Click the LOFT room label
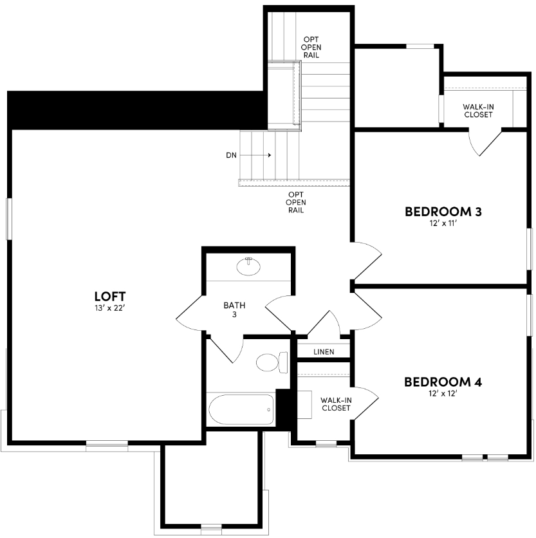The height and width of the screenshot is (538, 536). [109, 296]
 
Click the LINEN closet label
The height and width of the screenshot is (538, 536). [324, 352]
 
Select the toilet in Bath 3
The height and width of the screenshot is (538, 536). [270, 363]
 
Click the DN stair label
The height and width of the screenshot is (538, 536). [231, 155]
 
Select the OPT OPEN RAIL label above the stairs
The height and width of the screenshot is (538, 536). [312, 47]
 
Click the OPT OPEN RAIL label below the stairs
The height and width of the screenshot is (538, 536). [296, 202]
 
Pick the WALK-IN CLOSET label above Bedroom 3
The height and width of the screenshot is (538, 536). [477, 111]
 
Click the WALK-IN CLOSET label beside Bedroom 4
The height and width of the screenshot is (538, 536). [336, 403]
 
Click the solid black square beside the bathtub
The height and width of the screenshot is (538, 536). [284, 407]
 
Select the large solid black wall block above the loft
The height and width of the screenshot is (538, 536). [135, 109]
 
